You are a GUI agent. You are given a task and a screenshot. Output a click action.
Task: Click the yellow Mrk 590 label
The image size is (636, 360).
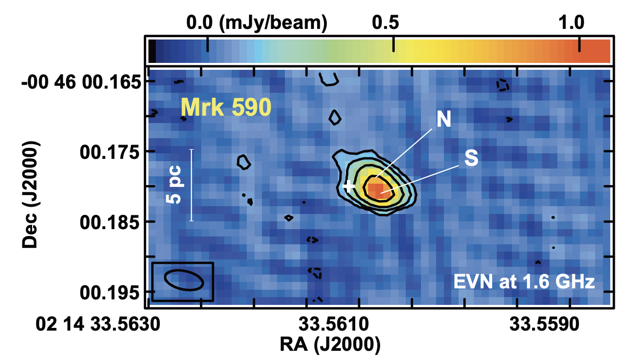226,108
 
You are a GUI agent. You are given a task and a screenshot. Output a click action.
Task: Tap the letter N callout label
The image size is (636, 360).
443,120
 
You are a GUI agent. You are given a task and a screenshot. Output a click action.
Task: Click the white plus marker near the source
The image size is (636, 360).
349,186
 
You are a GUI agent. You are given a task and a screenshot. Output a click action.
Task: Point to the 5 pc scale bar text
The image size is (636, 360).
175,185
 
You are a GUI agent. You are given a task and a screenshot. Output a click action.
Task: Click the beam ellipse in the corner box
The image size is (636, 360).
184,280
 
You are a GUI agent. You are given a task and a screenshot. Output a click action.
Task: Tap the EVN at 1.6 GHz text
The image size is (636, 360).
524,281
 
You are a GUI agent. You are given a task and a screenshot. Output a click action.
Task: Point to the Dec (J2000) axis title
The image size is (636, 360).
31,195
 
